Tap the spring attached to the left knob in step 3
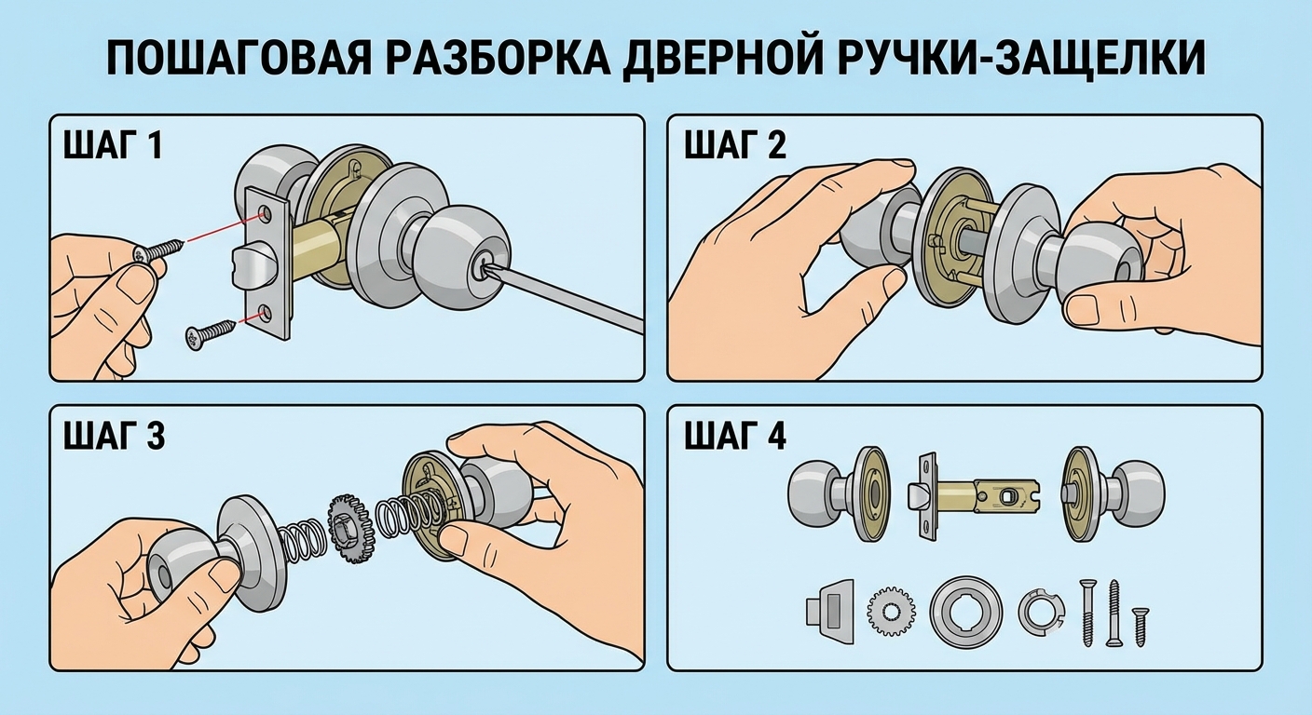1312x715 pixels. tap(297, 548)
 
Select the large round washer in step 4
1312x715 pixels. tap(966, 612)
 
